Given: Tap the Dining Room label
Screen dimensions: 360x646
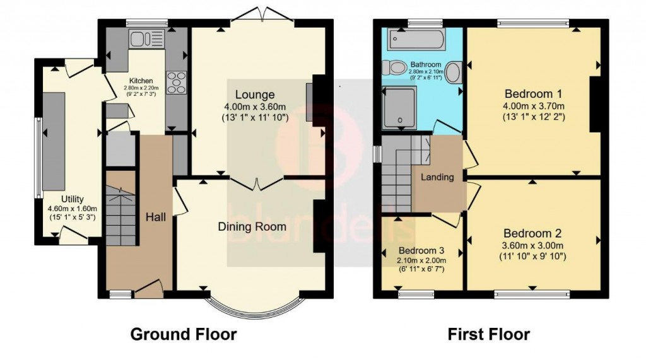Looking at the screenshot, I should click(252, 226).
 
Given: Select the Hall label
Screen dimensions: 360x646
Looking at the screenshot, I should click(156, 216).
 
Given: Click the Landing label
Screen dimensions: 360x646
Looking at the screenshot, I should click(437, 177).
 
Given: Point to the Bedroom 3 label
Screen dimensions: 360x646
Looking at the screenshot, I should click(421, 250).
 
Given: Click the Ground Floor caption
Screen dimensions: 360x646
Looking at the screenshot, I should click(183, 334).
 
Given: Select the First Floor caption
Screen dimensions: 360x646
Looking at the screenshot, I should click(489, 334).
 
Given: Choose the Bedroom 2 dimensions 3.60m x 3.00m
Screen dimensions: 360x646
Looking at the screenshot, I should click(532, 246).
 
